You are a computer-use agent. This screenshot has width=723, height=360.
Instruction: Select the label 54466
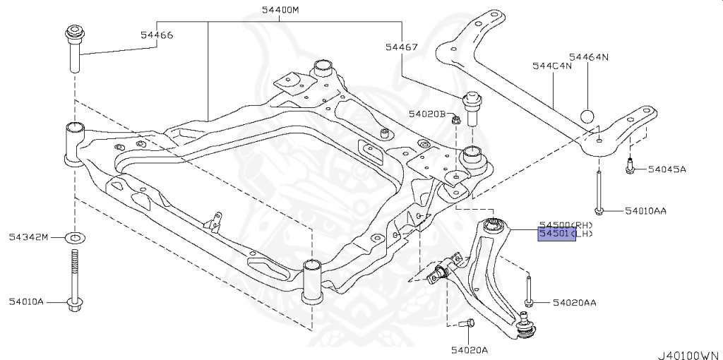(156, 35)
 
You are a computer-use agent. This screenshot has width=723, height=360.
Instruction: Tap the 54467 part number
(401, 47)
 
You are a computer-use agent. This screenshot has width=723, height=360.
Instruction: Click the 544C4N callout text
(551, 66)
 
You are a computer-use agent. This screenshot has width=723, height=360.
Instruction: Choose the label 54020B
(426, 114)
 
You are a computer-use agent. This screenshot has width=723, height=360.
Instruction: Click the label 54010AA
(644, 211)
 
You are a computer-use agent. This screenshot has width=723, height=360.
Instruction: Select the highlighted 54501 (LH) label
(557, 234)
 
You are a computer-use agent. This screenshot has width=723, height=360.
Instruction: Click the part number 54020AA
(574, 303)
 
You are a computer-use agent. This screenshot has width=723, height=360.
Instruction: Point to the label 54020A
(470, 349)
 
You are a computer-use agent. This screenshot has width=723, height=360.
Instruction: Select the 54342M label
(28, 236)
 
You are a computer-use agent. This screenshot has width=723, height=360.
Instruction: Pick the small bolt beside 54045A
(628, 168)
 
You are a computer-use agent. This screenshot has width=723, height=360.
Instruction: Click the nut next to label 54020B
(455, 119)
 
